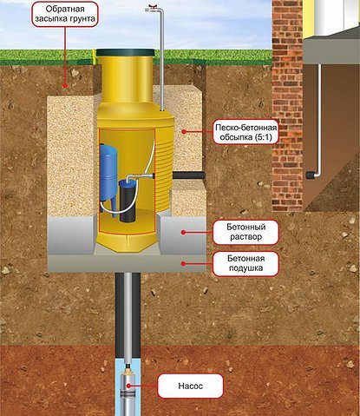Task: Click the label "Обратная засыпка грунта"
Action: (x=65, y=14)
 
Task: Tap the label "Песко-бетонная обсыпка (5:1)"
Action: (x=245, y=132)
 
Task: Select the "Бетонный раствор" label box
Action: (x=245, y=232)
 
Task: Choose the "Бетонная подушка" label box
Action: (x=245, y=263)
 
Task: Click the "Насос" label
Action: (x=190, y=386)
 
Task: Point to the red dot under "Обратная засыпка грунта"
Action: (x=65, y=86)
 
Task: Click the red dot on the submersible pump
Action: (x=129, y=386)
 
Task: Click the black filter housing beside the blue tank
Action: (x=128, y=201)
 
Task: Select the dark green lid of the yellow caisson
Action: (x=125, y=52)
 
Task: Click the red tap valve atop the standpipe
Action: (x=151, y=7)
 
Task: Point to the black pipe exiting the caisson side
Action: (x=189, y=175)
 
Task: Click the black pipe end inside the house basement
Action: (x=310, y=175)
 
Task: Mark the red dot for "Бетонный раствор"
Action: (x=183, y=232)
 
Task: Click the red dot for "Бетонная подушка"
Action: (x=183, y=263)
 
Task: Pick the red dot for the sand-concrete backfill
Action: (x=183, y=132)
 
